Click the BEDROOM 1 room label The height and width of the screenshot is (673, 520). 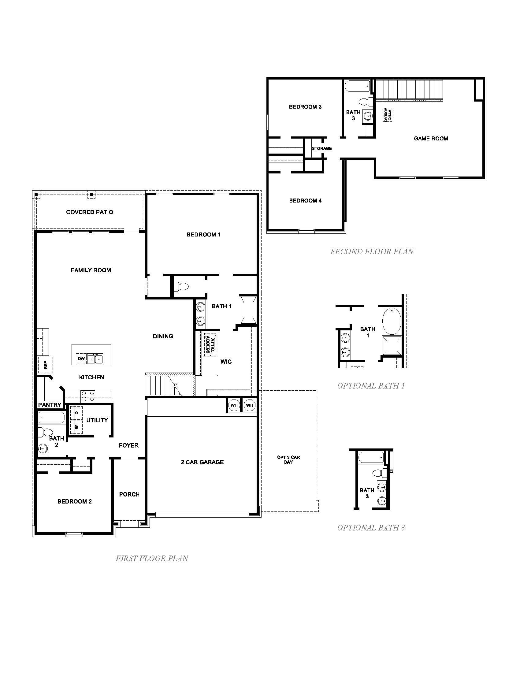click(x=203, y=235)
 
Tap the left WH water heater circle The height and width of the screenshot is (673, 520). click(x=234, y=405)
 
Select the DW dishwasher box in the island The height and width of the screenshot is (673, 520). click(x=81, y=359)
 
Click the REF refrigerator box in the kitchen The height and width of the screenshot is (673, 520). click(x=46, y=365)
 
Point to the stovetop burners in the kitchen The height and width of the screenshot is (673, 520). click(x=88, y=396)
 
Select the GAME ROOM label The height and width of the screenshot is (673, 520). click(x=431, y=139)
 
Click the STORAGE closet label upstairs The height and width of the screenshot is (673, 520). click(x=321, y=148)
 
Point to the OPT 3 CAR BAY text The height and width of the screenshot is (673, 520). click(x=288, y=459)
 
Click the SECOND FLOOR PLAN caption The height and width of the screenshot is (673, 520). click(x=372, y=251)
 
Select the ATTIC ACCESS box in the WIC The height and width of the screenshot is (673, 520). click(x=210, y=344)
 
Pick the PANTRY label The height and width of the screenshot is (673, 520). click(x=50, y=405)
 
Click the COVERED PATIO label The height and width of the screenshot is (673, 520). click(x=89, y=212)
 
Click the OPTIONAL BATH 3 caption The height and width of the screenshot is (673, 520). click(x=371, y=528)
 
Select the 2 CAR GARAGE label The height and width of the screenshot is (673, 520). click(x=202, y=462)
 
